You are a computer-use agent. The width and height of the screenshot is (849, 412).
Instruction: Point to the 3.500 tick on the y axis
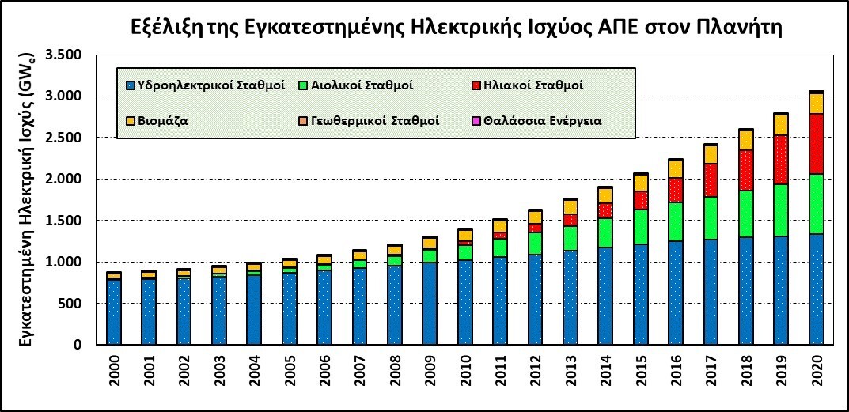coord(72,55)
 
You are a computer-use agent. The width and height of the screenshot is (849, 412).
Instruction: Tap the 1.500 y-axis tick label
coord(72,221)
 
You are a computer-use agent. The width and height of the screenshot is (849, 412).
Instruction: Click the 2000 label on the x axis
coord(115,374)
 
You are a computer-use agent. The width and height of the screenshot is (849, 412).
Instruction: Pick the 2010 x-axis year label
coord(465,374)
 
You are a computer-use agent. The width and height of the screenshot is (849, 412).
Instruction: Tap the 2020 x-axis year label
coord(816,374)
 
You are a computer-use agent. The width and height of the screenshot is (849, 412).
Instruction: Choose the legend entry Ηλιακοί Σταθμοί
coord(533,84)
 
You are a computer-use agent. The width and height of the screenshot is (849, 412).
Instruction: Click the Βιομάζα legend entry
coord(161,122)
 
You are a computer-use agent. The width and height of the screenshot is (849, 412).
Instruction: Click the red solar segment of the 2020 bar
coord(816,143)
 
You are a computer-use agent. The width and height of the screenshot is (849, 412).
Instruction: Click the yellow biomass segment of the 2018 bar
coord(746,140)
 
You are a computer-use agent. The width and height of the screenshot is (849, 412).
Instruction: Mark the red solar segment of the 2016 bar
coord(676,190)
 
